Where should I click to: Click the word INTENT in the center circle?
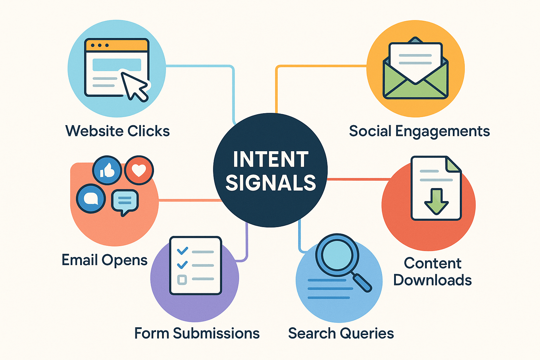click(x=271, y=159)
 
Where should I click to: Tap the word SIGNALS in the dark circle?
click(x=271, y=183)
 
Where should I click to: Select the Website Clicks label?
click(x=117, y=131)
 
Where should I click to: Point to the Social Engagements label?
click(x=419, y=131)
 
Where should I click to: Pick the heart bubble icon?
click(x=139, y=171)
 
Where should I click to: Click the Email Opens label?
click(x=104, y=260)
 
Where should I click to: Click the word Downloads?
click(x=432, y=280)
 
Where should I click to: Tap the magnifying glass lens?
click(x=337, y=254)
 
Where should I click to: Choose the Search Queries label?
click(x=341, y=333)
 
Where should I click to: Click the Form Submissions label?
click(x=197, y=333)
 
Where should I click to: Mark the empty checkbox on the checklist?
click(x=182, y=280)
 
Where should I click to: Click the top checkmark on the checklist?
click(x=182, y=251)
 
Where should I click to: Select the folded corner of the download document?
click(x=453, y=164)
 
